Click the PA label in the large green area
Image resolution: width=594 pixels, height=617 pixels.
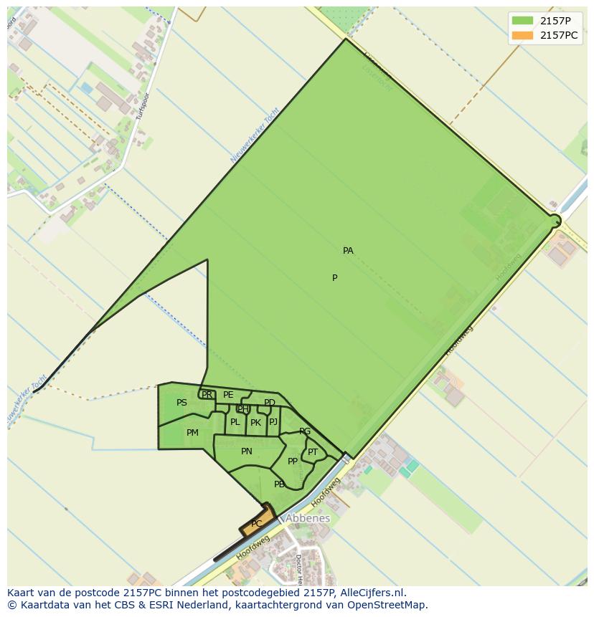[x=348, y=251]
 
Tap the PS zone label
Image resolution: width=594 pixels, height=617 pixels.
[x=181, y=403]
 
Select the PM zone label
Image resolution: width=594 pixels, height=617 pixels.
[x=192, y=433]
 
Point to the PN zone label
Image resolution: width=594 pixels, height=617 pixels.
[x=247, y=451]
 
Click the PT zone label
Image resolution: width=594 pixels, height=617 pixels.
[x=313, y=452]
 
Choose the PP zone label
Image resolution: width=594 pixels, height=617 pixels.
[x=293, y=461]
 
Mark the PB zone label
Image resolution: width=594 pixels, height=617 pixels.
[x=279, y=484]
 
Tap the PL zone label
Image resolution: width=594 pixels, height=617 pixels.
[x=235, y=422]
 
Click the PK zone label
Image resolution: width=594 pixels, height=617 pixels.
[x=255, y=423]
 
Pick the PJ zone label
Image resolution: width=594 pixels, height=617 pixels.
[x=273, y=422]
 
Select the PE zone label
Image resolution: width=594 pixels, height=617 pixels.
[x=228, y=395]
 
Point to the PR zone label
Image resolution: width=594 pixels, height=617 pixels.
[x=207, y=395]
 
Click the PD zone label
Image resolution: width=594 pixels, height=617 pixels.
[x=270, y=403]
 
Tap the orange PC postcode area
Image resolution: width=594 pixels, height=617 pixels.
[x=258, y=523]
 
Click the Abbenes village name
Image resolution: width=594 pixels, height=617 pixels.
[x=308, y=518]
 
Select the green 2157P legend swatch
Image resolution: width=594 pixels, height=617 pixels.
[x=523, y=21]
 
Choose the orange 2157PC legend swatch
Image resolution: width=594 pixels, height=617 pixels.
[x=523, y=35]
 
